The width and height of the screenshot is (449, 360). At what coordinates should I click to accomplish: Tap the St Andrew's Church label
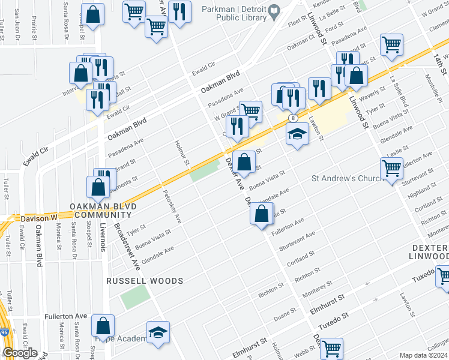click(342, 178)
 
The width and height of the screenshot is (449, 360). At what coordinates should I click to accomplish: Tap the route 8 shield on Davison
click(292, 118)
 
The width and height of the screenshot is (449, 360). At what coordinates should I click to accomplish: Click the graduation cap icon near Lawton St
click(297, 134)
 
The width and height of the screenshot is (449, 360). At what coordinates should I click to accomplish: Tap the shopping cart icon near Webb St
click(331, 348)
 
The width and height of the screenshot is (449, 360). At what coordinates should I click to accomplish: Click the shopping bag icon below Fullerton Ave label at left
click(103, 326)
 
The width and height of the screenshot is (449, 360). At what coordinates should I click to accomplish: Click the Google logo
click(20, 353)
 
